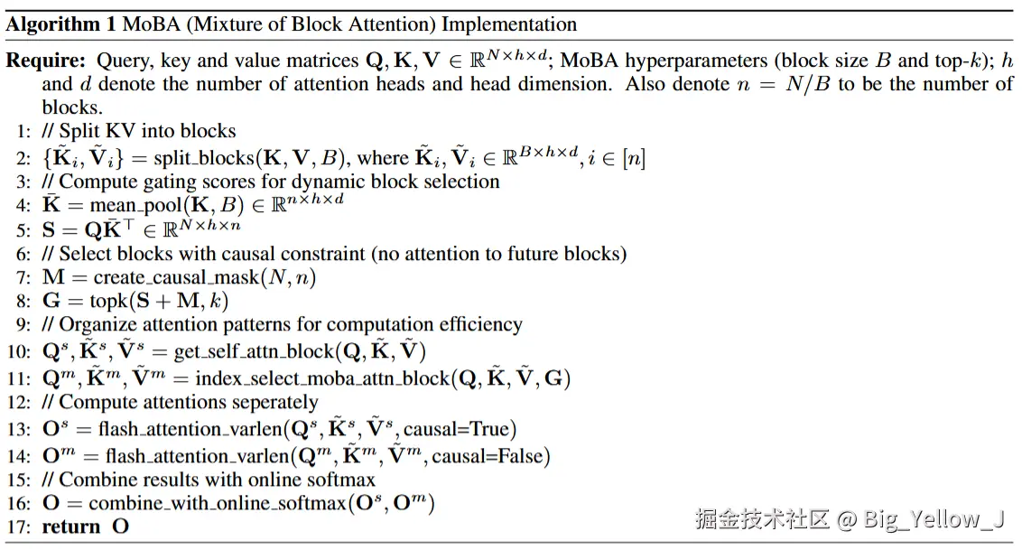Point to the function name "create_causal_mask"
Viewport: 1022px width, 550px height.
pos(177,277)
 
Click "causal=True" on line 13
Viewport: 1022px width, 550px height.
pos(471,429)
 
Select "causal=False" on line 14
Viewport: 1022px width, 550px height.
pos(491,456)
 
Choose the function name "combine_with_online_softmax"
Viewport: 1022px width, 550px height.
pos(217,503)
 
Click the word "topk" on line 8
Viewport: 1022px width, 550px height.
pos(112,302)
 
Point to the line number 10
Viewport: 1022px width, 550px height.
pos(20,351)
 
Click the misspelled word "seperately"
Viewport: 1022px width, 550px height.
pos(270,403)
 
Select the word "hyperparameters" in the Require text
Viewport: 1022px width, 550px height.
pos(691,61)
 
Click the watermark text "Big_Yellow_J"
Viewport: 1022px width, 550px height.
pos(934,519)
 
